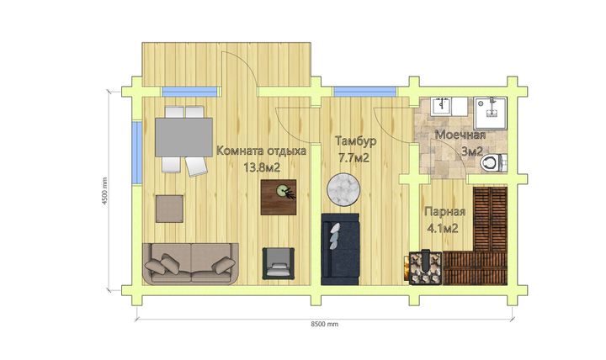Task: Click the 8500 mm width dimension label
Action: click(325, 325)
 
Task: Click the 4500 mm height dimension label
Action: click(105, 191)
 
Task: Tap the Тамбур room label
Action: click(355, 141)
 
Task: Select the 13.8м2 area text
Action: click(262, 167)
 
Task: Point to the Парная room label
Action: click(445, 212)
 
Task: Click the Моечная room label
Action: click(460, 135)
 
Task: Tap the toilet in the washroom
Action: click(493, 162)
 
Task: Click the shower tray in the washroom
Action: click(491, 113)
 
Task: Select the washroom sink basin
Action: click(441, 106)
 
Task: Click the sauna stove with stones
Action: click(426, 268)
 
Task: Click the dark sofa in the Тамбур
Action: click(340, 250)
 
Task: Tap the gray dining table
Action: click(183, 137)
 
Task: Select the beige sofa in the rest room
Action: click(190, 263)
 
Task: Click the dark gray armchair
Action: click(279, 263)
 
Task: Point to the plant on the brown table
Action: click(285, 192)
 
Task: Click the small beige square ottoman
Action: click(169, 209)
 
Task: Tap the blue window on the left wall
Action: click(137, 152)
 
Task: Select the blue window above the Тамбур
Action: click(364, 92)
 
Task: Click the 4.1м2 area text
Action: click(443, 229)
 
